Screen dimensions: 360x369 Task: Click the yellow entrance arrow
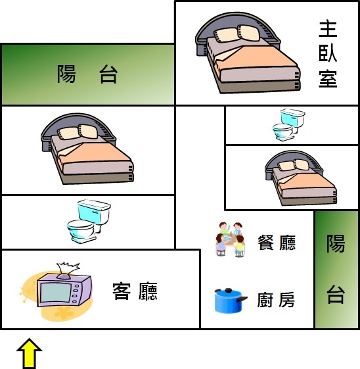coord(30,353)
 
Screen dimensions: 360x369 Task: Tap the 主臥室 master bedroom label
coord(328,55)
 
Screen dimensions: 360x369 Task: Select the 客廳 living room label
coord(135,291)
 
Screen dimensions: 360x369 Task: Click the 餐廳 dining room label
coord(277,243)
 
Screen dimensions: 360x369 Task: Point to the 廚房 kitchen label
coord(276,299)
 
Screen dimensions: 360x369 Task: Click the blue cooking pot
coord(231,301)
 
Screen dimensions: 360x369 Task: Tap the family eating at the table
coord(231,239)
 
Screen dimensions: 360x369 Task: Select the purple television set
coord(64,290)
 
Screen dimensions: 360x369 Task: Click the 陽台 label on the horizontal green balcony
coord(87,74)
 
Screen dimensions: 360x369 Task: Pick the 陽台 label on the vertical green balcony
coord(336,269)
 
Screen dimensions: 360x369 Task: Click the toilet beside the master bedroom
coord(288,124)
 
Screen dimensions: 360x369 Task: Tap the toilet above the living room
coord(89,222)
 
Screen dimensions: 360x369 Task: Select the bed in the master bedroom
coord(248,53)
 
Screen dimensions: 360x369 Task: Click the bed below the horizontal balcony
coord(87,149)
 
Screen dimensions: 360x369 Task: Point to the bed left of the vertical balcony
coord(301,178)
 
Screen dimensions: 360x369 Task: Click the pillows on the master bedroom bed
coord(237,34)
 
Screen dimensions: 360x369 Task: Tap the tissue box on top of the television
coord(67,270)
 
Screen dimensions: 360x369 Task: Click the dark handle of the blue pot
coord(242,299)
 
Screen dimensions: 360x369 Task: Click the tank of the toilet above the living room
coord(94,210)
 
